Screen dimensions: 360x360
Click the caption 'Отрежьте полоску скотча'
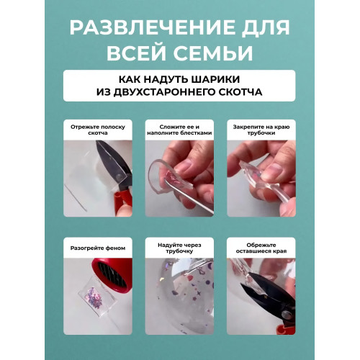[x=98, y=130]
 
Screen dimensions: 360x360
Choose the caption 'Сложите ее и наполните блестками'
[x=179, y=130]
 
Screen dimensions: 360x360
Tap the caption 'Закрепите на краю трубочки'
[x=261, y=130]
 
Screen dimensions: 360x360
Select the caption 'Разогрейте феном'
[x=98, y=248]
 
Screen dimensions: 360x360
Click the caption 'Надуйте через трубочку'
[x=179, y=248]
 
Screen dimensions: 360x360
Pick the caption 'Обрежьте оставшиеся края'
[x=261, y=248]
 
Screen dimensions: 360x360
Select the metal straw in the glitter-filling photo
[x=189, y=197]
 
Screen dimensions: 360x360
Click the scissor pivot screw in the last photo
[x=286, y=314]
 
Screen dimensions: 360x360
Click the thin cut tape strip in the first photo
[x=75, y=197]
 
